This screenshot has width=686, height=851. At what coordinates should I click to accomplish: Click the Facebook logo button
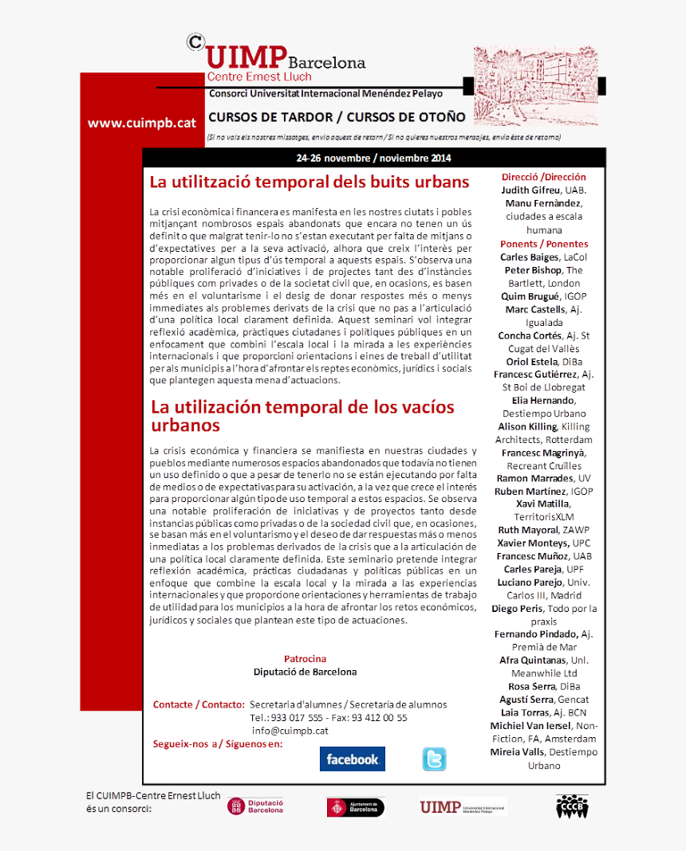point(352,759)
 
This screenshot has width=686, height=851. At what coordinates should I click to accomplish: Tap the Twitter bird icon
point(434,759)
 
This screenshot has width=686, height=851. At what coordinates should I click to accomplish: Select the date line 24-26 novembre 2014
point(373,158)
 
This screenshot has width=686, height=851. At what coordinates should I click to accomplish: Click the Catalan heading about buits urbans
point(309,182)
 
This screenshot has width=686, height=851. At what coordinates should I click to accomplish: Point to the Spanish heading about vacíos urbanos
point(302,415)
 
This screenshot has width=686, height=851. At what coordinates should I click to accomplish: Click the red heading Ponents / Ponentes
point(544,244)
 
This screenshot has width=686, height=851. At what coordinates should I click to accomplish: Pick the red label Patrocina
point(305,659)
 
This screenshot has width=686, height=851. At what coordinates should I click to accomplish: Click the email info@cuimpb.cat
point(290,730)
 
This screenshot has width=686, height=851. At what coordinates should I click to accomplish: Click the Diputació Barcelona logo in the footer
point(255,806)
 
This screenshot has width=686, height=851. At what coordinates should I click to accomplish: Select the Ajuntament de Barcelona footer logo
point(356,807)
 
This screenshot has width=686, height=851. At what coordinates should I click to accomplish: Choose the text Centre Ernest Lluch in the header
point(259,77)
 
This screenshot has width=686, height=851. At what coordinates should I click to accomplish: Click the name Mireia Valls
point(517,751)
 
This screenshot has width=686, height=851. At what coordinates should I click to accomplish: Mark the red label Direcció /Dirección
point(543,177)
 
